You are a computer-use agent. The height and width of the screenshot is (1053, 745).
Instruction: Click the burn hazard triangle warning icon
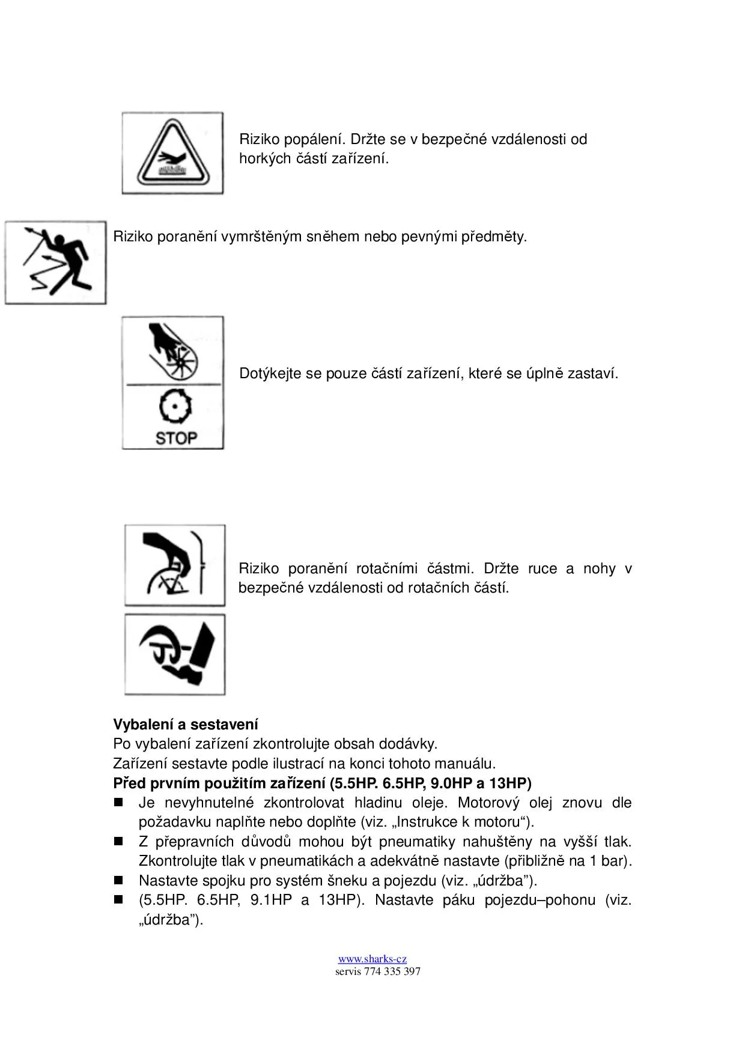172,153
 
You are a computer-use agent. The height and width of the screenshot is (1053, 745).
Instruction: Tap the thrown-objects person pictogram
55,262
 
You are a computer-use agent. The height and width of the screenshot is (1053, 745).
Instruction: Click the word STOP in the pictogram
175,438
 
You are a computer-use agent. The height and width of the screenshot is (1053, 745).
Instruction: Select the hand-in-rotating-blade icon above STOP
173,351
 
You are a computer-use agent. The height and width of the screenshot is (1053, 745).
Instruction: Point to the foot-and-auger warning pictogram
175,654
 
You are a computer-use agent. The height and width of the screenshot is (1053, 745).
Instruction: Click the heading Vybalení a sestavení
186,724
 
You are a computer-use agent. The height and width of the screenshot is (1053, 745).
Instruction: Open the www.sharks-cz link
372,959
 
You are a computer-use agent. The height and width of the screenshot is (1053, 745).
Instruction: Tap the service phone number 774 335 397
392,971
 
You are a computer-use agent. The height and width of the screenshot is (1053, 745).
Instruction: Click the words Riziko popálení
291,139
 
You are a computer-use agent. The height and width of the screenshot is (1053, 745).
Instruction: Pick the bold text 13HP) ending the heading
510,783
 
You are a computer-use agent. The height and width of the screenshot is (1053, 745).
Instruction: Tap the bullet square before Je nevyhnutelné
118,803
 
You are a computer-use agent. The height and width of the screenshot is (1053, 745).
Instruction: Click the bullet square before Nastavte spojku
118,881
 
